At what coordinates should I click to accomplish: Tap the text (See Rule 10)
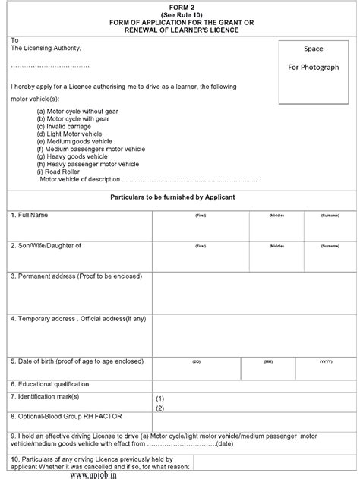[179, 13]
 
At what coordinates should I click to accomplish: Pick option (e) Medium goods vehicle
[78, 141]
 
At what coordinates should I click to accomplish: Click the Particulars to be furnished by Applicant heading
[179, 197]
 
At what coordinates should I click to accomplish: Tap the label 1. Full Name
[30, 216]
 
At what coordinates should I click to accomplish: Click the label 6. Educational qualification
[49, 385]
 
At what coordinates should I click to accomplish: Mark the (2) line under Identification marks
[160, 408]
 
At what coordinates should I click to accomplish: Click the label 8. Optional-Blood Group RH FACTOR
[67, 417]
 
